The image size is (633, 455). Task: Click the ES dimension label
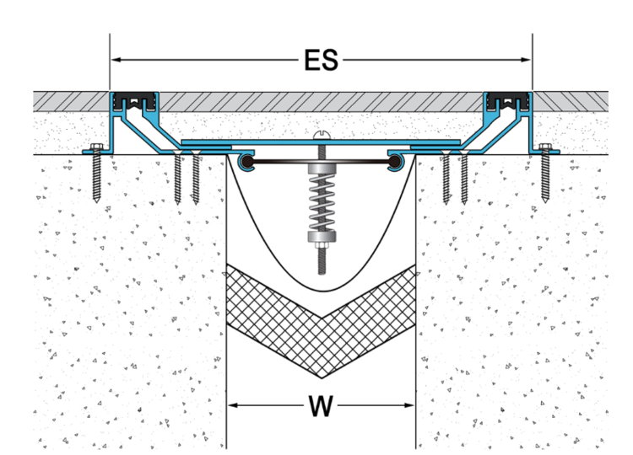(321, 60)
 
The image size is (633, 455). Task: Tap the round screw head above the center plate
(321, 134)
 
